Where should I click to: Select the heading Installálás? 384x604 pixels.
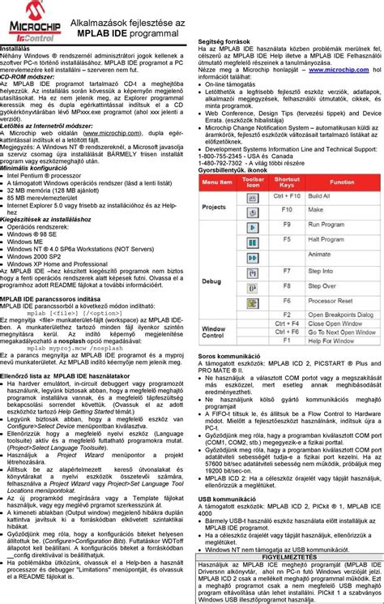[17, 49]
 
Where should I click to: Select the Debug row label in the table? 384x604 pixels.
[211, 281]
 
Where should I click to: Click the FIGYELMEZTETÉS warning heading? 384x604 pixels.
[288, 556]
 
